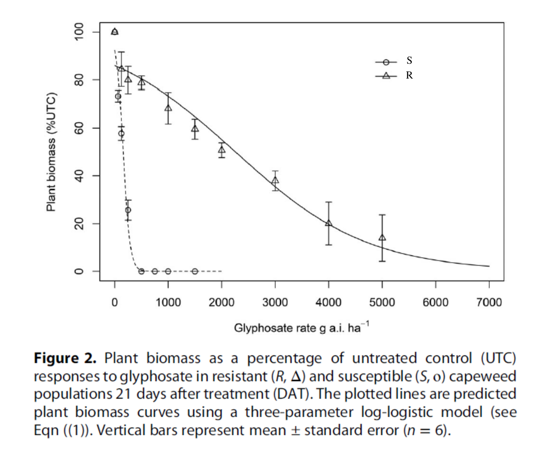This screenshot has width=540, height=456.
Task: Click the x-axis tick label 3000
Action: click(275, 302)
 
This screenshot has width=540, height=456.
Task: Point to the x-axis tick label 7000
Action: click(489, 302)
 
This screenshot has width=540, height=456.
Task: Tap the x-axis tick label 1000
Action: click(168, 302)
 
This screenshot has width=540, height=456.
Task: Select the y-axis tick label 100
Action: click(78, 33)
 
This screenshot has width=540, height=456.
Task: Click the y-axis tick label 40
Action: click(78, 176)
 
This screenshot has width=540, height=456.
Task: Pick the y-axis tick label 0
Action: click(78, 271)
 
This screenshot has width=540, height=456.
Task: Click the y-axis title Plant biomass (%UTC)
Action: click(51, 151)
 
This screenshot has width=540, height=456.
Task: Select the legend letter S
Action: click(409, 60)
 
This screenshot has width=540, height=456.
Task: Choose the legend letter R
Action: click(409, 76)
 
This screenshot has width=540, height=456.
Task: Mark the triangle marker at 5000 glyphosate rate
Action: click(382, 237)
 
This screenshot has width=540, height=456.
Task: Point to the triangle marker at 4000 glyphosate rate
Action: click(329, 223)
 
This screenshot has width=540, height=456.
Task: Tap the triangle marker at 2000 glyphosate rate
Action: click(222, 150)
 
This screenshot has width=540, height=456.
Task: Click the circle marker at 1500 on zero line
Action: click(194, 271)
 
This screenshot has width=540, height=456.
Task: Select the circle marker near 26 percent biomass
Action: click(128, 210)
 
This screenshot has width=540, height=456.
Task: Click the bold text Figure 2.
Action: click(65, 358)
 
